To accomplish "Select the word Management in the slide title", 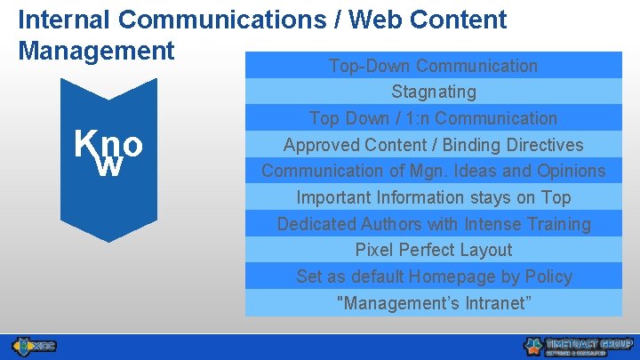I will [96, 51].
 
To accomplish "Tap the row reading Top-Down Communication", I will [433, 66].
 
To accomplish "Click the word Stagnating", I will [433, 92].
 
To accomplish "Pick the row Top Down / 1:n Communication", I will [433, 118].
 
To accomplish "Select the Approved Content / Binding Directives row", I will [433, 145].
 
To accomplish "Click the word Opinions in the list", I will [569, 171].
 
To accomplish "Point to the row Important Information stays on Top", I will [433, 197].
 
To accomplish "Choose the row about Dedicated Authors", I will [433, 224].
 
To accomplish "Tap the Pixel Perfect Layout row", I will [433, 250].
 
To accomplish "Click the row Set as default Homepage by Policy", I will [433, 276].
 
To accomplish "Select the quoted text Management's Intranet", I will [433, 303].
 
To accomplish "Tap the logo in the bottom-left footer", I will [34, 345].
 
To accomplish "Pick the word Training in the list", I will [557, 224].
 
